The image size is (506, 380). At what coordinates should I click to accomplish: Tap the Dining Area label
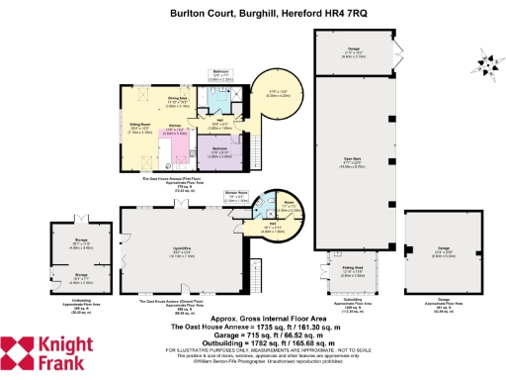177,99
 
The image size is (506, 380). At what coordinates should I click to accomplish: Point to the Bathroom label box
221,73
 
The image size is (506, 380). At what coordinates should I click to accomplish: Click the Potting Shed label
355,267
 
